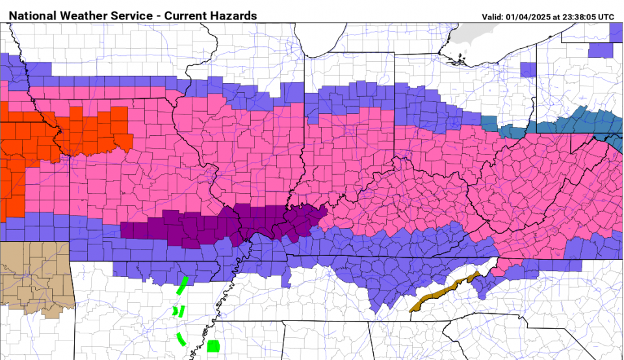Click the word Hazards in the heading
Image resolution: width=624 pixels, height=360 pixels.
coord(235,16)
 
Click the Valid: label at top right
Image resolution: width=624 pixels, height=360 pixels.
coord(493,17)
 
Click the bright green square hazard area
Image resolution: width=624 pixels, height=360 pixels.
coord(213,345)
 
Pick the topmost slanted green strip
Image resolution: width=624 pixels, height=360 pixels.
coord(183,285)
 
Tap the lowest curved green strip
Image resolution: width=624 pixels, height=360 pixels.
coord(181,339)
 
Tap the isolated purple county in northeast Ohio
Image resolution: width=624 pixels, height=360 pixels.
coord(528,70)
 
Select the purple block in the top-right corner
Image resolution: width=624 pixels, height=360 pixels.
coord(601,49)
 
